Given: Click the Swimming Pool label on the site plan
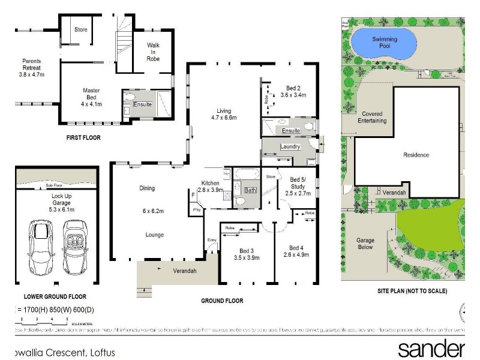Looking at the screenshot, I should pyautogui.click(x=385, y=43).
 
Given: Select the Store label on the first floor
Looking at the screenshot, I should pyautogui.click(x=80, y=29).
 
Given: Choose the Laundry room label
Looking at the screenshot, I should pyautogui.click(x=290, y=148).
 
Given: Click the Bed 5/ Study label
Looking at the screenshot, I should pyautogui.click(x=298, y=186).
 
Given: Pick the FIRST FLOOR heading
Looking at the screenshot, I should pyautogui.click(x=83, y=137).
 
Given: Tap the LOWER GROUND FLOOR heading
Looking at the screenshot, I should pyautogui.click(x=55, y=296).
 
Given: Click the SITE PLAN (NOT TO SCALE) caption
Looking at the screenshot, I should pyautogui.click(x=412, y=291).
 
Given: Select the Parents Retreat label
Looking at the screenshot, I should pyautogui.click(x=32, y=67).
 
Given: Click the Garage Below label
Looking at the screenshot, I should pyautogui.click(x=365, y=243).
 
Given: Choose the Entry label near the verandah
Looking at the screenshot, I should pyautogui.click(x=211, y=240).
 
